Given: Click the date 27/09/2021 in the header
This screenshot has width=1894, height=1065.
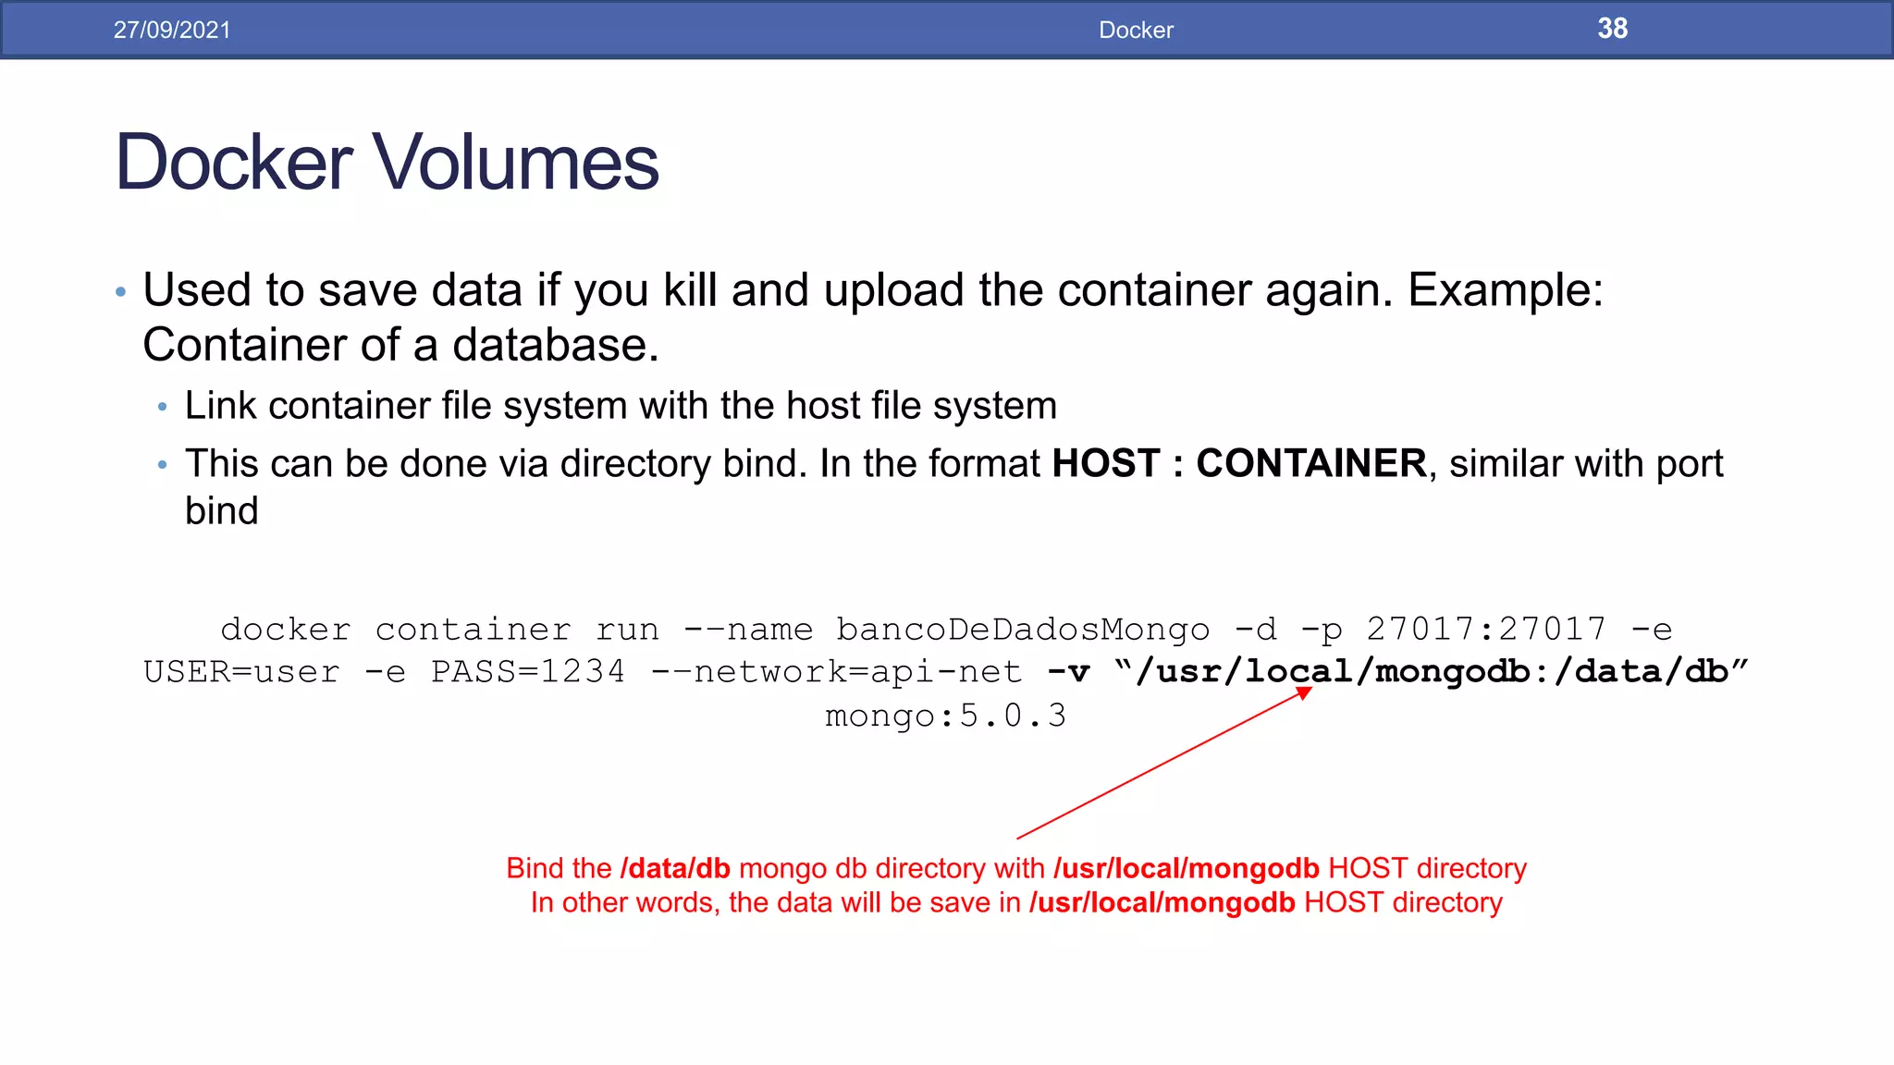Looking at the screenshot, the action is coord(172,30).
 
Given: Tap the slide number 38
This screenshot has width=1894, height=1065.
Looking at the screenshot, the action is coord(1612,29).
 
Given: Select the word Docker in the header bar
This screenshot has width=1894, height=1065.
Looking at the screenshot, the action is coord(1136,30).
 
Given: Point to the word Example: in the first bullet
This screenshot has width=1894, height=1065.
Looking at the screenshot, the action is coord(1505,290).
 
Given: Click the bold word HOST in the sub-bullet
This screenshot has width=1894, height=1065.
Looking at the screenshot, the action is coord(1106,463).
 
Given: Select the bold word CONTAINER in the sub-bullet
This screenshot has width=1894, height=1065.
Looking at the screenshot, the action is coord(1310,463).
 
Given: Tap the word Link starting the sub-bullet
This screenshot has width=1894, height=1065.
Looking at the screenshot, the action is coord(220,406).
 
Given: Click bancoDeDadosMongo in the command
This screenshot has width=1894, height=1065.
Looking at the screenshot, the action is coord(1023,630).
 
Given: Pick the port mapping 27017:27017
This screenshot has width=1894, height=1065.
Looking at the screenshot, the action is coord(1486,630).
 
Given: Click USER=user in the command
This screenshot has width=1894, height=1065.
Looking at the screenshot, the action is coord(241,672).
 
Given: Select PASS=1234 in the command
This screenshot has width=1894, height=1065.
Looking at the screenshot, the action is coord(528,672).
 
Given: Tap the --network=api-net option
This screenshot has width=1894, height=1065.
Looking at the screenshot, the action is coord(837,672).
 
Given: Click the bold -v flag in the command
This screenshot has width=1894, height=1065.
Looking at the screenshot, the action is coord(1068,672).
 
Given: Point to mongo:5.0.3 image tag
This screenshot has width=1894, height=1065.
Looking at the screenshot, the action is coord(945,716).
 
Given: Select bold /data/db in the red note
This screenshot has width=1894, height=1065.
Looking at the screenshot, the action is coord(675,869).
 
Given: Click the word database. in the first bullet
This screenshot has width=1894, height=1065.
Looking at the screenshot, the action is coord(555,346).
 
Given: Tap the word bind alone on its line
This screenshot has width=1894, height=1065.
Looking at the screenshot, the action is coord(222,511).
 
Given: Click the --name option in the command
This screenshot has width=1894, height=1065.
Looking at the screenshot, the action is coord(748,630).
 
